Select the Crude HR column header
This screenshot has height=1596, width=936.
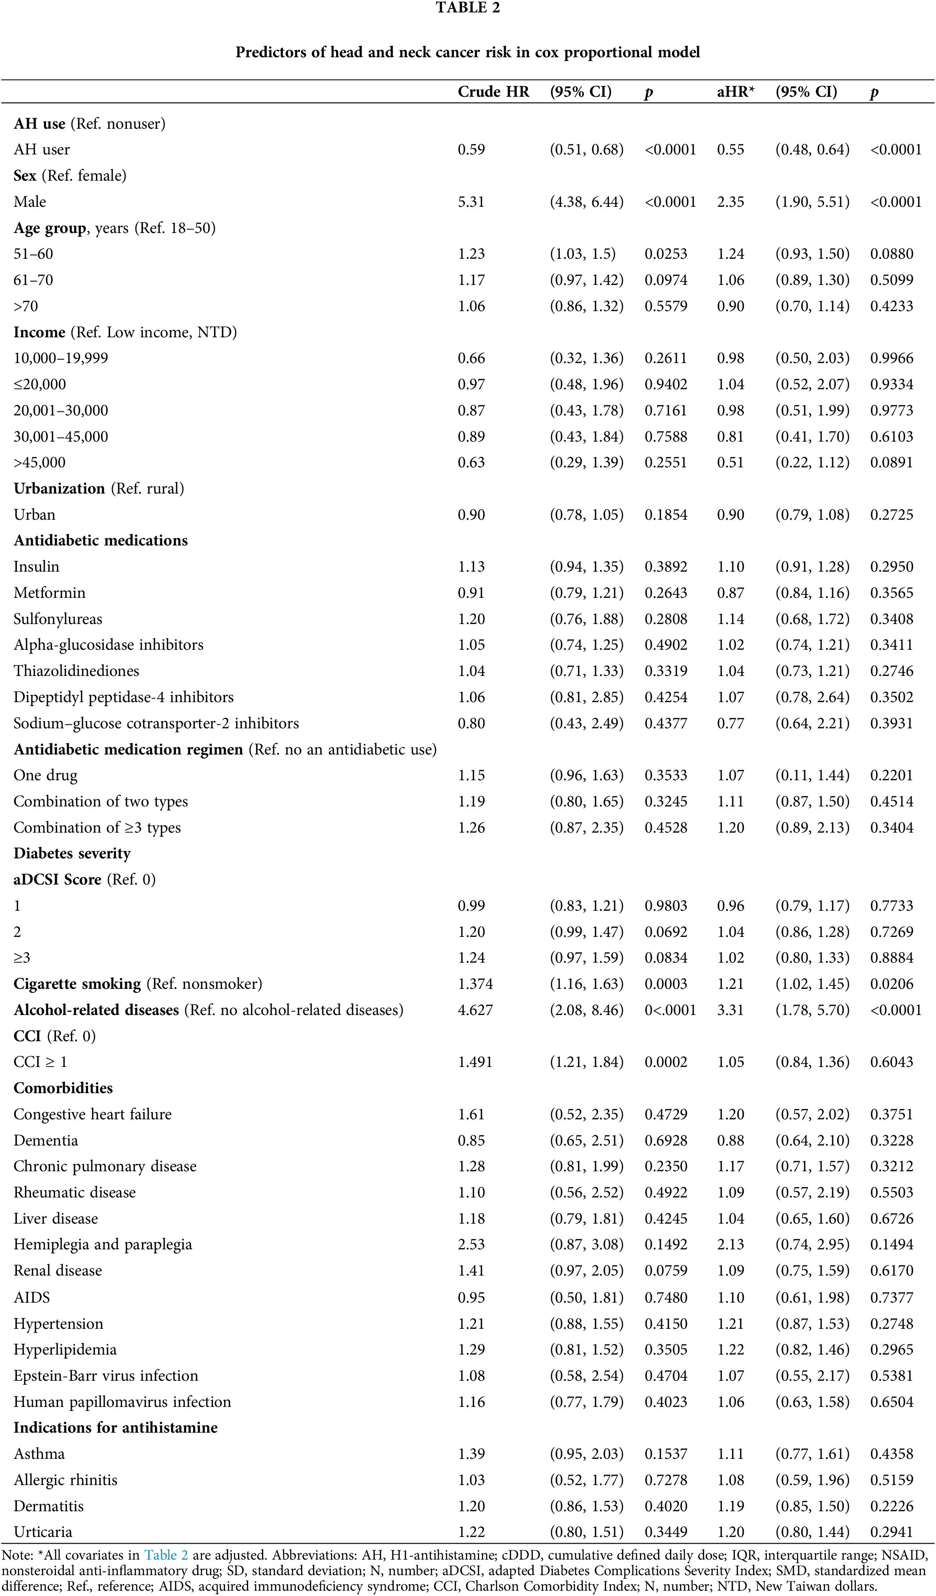tap(493, 92)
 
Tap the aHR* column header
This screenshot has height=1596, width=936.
tap(735, 92)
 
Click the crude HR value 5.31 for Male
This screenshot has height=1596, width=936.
tap(471, 202)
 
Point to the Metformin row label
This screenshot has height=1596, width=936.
tap(49, 593)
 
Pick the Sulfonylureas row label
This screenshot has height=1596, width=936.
tap(58, 619)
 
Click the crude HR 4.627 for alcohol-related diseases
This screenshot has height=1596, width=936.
tap(475, 1010)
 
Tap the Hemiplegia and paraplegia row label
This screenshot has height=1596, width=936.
tap(103, 1244)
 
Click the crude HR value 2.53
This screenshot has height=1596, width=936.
tap(471, 1244)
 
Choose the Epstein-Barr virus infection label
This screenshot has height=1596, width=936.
tap(106, 1375)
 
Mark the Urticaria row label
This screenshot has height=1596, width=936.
tap(43, 1531)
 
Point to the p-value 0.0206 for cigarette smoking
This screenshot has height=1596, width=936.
tap(892, 984)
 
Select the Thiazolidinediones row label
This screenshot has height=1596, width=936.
tap(76, 671)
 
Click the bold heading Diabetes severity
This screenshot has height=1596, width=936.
tap(72, 853)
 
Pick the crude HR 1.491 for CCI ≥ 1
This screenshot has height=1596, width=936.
tap(475, 1062)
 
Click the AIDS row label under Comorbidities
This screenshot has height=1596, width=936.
tap(32, 1297)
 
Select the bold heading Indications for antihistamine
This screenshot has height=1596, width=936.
tap(115, 1427)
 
